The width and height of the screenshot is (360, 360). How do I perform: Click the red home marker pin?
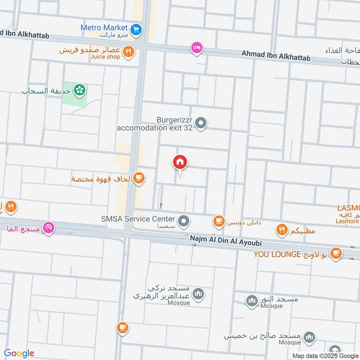click(x=180, y=162)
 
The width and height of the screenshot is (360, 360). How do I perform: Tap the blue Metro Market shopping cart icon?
click(x=137, y=30)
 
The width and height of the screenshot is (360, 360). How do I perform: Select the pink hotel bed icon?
click(x=197, y=48)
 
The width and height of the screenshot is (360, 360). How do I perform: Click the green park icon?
click(x=80, y=90)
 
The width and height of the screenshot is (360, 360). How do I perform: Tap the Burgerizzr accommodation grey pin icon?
click(x=202, y=122)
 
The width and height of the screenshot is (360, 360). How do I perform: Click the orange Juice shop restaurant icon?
click(x=129, y=52)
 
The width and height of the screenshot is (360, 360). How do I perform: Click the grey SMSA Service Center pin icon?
click(x=184, y=221)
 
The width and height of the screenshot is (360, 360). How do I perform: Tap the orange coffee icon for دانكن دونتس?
click(x=219, y=220)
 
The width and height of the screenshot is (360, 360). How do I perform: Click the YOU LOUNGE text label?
click(x=276, y=254)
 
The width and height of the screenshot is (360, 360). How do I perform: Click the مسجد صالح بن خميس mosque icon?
click(x=309, y=337)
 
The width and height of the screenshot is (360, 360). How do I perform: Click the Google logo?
click(x=18, y=353)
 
